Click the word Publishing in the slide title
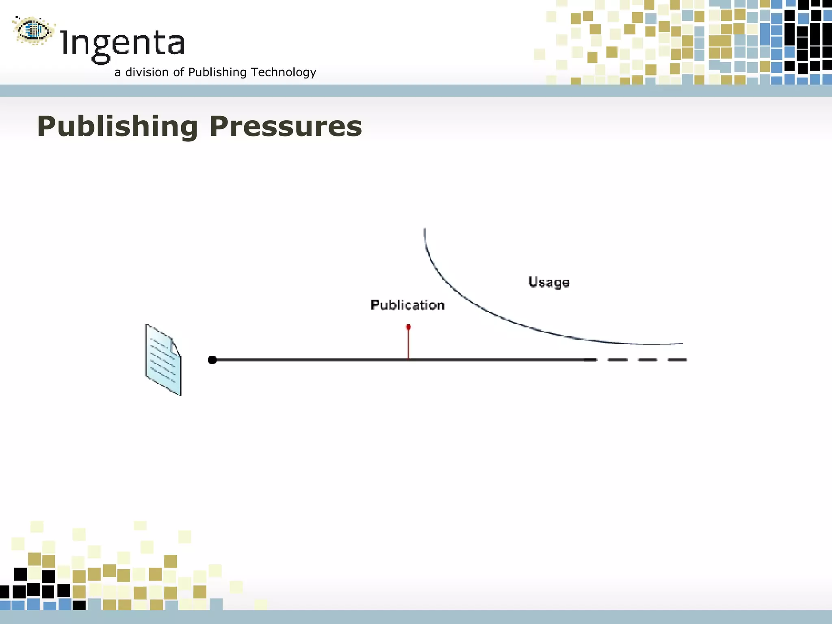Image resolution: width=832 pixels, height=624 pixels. pos(117,127)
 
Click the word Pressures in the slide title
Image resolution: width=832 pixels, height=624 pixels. pos(286,127)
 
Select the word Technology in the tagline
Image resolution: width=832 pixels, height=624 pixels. pos(284,72)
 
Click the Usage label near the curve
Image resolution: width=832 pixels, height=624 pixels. pos(548,282)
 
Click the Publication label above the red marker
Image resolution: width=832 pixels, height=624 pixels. pos(407,305)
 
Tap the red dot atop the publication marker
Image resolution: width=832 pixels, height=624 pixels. pos(408,327)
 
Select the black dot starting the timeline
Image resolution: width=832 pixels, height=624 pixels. pos(212,360)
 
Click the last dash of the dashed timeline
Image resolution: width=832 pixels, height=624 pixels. pos(677,360)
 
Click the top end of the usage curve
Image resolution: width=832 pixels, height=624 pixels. pos(425,230)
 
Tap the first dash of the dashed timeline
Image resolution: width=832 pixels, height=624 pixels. pos(617,360)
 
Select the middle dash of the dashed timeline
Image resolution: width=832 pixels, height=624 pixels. pos(647,360)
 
